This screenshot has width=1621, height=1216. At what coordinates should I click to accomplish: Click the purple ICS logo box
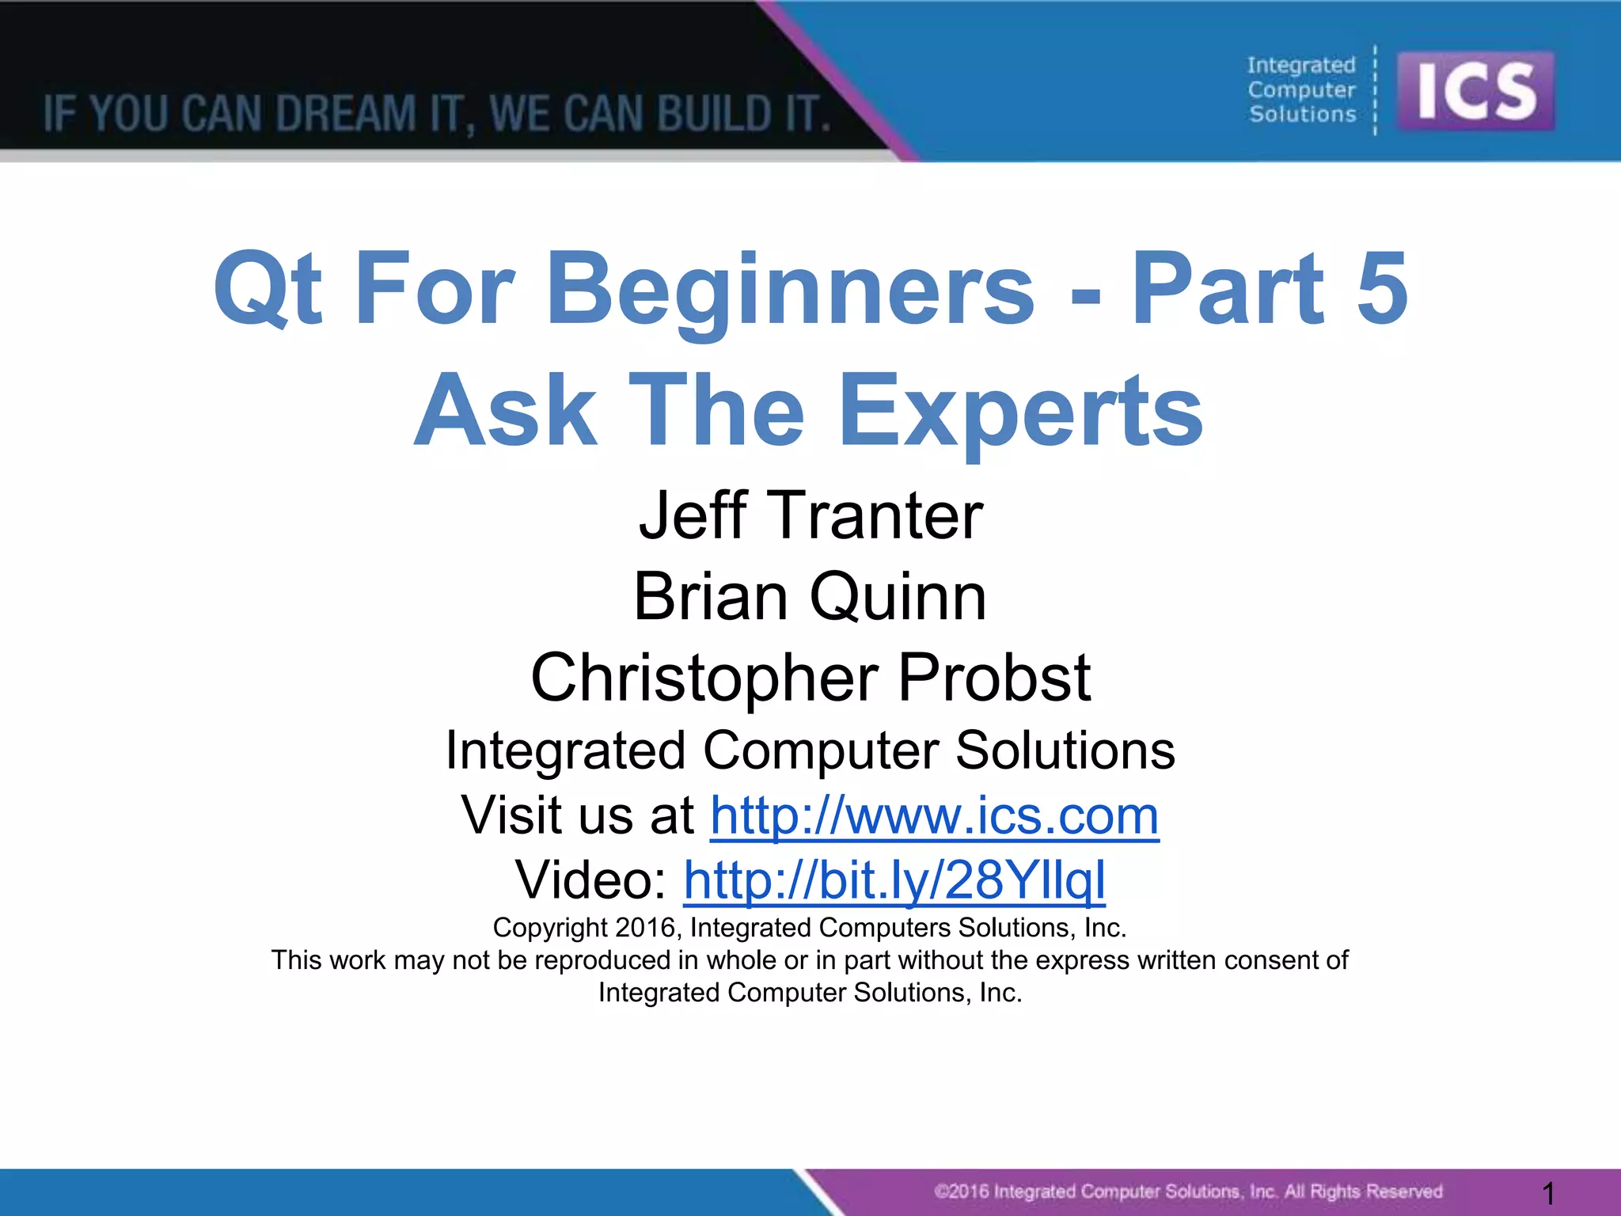point(1475,91)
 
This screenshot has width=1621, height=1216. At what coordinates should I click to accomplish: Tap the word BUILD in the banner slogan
point(715,113)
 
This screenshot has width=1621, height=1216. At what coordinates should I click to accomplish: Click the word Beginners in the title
point(790,289)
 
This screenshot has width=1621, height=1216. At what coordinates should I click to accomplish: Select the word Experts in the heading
point(1020,410)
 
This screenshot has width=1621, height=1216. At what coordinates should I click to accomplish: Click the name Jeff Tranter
point(810,515)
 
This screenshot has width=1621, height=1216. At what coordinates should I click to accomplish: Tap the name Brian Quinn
point(810,596)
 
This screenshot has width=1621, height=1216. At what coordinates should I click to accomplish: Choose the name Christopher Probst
point(810,678)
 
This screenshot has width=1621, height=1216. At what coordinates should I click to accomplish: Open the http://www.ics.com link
point(934,815)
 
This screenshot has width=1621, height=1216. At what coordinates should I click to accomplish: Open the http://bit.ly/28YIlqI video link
point(894,880)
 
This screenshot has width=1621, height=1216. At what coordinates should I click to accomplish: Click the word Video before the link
point(590,880)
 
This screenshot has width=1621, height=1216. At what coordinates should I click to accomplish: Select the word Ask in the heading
point(505,410)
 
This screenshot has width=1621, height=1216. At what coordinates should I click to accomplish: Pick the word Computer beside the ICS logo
point(1301,90)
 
